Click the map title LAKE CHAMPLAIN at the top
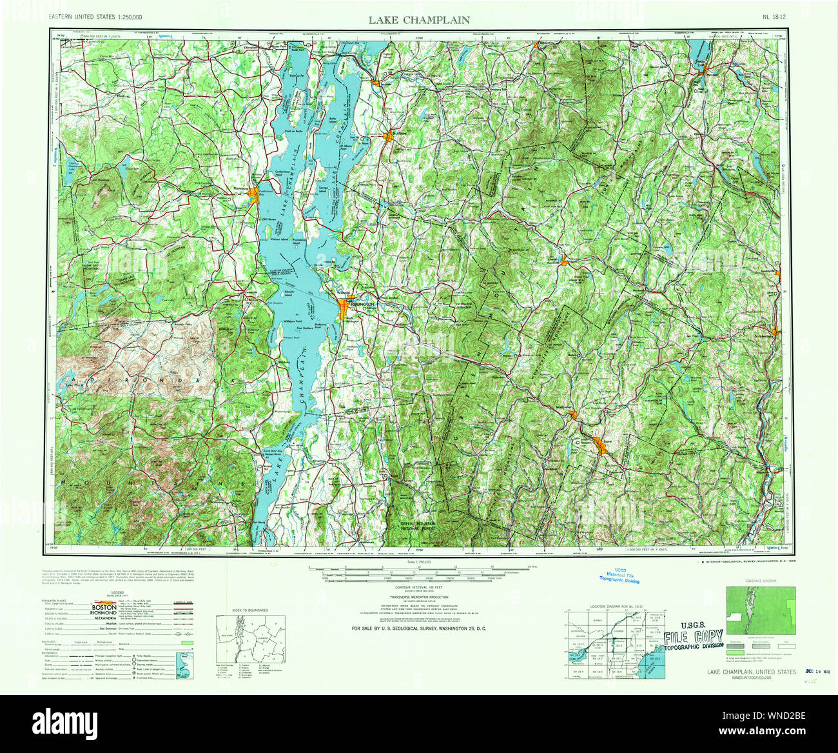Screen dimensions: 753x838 coord(419,20)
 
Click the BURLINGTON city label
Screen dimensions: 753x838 coord(362,303)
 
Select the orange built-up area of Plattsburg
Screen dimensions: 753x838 coord(255,194)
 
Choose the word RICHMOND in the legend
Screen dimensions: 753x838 coord(104,613)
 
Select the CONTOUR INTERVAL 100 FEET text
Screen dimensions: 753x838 coord(419,588)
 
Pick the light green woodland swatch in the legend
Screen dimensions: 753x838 coord(188,643)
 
